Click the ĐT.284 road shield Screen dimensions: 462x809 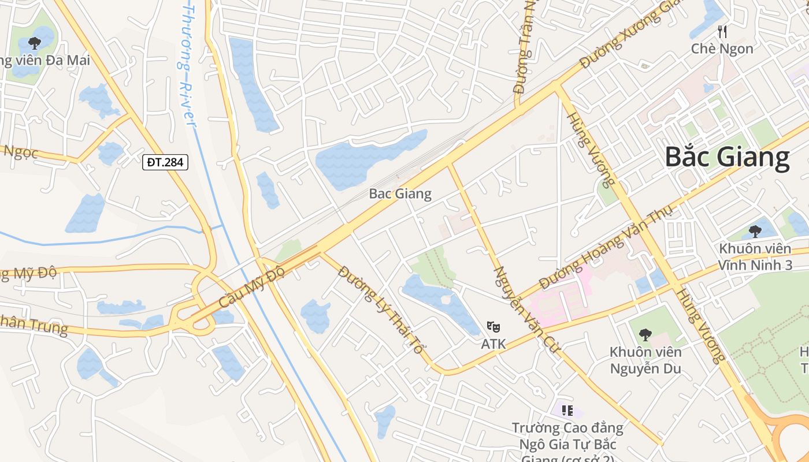[165, 162]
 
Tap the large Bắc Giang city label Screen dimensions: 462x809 [727, 157]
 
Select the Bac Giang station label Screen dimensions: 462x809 [400, 193]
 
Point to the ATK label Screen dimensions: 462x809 [493, 344]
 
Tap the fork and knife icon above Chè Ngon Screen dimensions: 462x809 [722, 31]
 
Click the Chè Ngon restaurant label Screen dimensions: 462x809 [722, 49]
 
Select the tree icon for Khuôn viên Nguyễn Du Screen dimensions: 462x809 [645, 334]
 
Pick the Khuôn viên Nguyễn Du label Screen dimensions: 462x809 [645, 360]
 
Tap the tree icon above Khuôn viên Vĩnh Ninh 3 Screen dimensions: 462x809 [755, 232]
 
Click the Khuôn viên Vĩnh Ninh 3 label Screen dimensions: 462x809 [755, 257]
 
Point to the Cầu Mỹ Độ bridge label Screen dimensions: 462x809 [252, 288]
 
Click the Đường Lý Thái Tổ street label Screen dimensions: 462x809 [382, 310]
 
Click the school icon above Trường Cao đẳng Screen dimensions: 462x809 [567, 411]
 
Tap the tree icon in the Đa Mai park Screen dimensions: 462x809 [35, 43]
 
